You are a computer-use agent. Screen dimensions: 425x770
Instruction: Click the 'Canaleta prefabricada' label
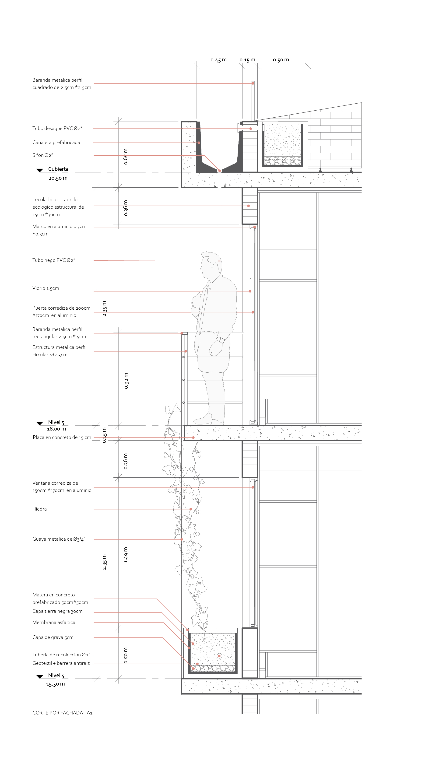pos(56,142)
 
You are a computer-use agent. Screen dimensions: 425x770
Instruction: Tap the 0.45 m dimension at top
pos(218,60)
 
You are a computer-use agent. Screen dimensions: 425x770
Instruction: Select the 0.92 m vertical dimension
pos(126,381)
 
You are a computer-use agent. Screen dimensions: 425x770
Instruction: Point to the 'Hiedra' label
pos(39,509)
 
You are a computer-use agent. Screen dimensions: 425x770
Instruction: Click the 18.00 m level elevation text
pos(56,429)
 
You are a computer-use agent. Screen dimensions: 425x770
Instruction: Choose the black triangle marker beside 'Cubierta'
pos(39,170)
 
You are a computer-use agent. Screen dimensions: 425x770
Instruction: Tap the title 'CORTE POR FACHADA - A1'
pos(62,713)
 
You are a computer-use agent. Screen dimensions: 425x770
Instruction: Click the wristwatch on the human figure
pos(220,340)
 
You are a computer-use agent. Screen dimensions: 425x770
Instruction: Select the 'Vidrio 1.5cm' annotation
pos(46,288)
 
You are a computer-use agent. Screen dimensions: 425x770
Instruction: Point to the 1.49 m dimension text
pos(126,555)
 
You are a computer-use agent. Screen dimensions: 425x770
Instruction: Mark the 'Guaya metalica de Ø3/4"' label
pos(59,539)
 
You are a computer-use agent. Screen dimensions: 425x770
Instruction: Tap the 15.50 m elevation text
pos(55,684)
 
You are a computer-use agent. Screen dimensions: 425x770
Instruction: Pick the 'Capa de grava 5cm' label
pos(53,637)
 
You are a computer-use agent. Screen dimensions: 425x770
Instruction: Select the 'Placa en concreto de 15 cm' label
pos(62,437)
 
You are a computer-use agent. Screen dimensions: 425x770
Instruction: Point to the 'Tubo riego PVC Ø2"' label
pos(54,260)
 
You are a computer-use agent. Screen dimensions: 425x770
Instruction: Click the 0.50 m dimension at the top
pos(281,60)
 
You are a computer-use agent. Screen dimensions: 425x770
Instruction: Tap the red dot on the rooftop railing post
pos(253,83)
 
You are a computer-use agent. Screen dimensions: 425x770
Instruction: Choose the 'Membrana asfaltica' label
pos(54,622)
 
